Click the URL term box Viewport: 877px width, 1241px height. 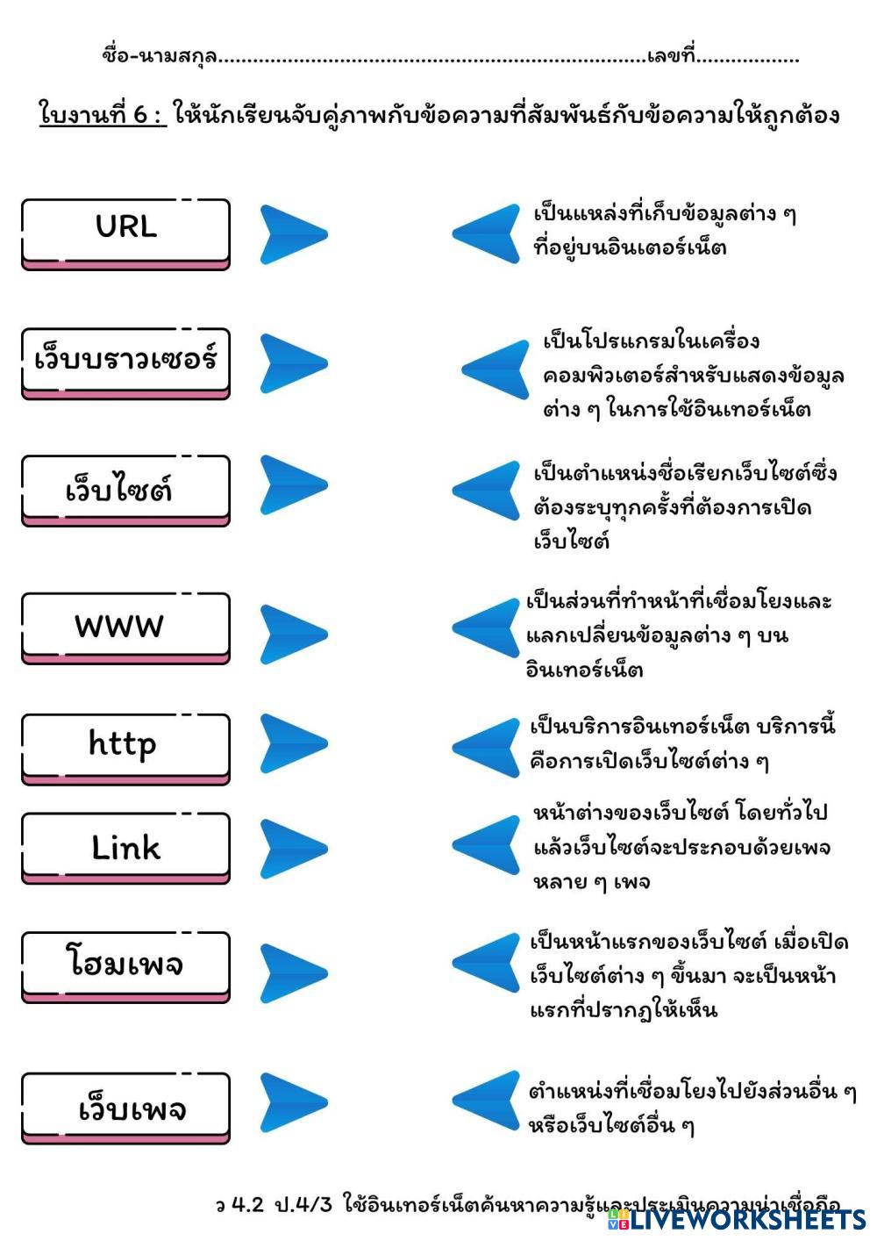(125, 231)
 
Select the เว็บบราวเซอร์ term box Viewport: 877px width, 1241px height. (125, 361)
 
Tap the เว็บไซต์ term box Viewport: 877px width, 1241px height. (125, 488)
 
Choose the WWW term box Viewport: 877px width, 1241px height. (125, 626)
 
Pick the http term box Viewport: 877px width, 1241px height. (125, 746)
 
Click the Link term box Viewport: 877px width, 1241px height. (125, 846)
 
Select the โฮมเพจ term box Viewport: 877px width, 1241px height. (125, 965)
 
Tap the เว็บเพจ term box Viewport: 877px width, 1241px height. (125, 1106)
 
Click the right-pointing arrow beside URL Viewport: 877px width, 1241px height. (292, 234)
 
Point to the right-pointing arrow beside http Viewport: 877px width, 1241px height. (292, 743)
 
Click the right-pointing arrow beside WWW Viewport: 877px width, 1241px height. (292, 633)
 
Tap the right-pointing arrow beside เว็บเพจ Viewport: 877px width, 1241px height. (292, 1101)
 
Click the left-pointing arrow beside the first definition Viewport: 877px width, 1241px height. (488, 233)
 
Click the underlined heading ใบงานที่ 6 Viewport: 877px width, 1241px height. (102, 115)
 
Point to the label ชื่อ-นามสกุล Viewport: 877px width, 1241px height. (159, 57)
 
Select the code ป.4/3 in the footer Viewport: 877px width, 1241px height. (303, 1204)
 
